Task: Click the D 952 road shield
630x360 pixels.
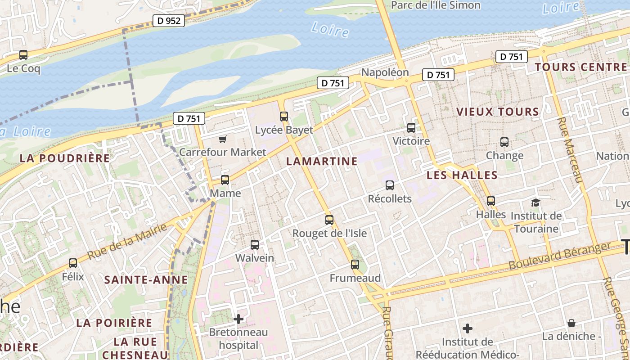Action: [169, 21]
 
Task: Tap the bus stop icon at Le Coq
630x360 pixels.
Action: [23, 55]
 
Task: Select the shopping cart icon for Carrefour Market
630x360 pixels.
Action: [223, 139]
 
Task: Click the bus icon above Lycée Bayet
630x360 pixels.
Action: [284, 117]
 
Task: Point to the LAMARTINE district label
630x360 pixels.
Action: [322, 161]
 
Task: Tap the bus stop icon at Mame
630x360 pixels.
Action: [225, 180]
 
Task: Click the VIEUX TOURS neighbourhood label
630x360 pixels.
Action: [498, 112]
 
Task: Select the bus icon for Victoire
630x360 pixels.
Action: [411, 128]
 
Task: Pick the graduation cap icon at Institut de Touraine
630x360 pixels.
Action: [535, 202]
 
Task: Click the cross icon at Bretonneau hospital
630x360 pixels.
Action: [238, 319]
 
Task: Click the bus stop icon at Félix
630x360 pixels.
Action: [73, 263]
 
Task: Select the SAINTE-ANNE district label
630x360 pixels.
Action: [146, 280]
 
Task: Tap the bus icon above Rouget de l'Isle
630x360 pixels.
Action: [329, 220]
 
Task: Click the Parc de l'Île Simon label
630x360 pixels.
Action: [436, 5]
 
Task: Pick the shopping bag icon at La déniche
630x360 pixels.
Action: [571, 323]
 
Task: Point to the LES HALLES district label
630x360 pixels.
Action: [462, 175]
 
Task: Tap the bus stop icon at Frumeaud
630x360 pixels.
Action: [355, 265]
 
